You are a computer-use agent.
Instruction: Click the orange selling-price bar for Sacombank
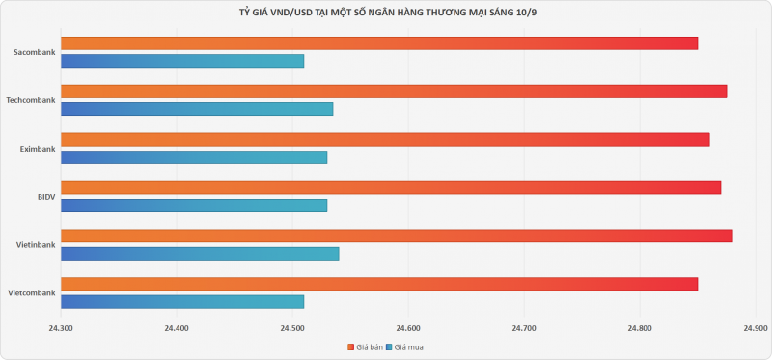point(379,43)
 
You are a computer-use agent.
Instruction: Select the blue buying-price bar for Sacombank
point(182,61)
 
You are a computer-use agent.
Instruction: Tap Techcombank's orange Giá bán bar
point(394,92)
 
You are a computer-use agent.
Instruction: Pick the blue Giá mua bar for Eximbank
point(194,157)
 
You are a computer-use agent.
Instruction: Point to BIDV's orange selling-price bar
point(391,187)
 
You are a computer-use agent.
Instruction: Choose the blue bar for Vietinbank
point(200,254)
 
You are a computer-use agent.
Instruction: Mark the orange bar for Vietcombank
point(379,284)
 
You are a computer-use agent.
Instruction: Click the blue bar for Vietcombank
point(182,301)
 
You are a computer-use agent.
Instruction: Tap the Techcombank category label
point(31,100)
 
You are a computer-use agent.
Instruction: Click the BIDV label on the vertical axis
point(46,197)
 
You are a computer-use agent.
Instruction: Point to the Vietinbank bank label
point(36,245)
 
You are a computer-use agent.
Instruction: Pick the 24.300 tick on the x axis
point(61,327)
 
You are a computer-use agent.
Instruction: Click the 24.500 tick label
point(292,327)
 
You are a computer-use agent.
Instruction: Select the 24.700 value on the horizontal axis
point(524,327)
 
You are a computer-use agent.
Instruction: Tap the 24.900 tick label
point(756,327)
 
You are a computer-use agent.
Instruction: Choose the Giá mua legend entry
point(404,347)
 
